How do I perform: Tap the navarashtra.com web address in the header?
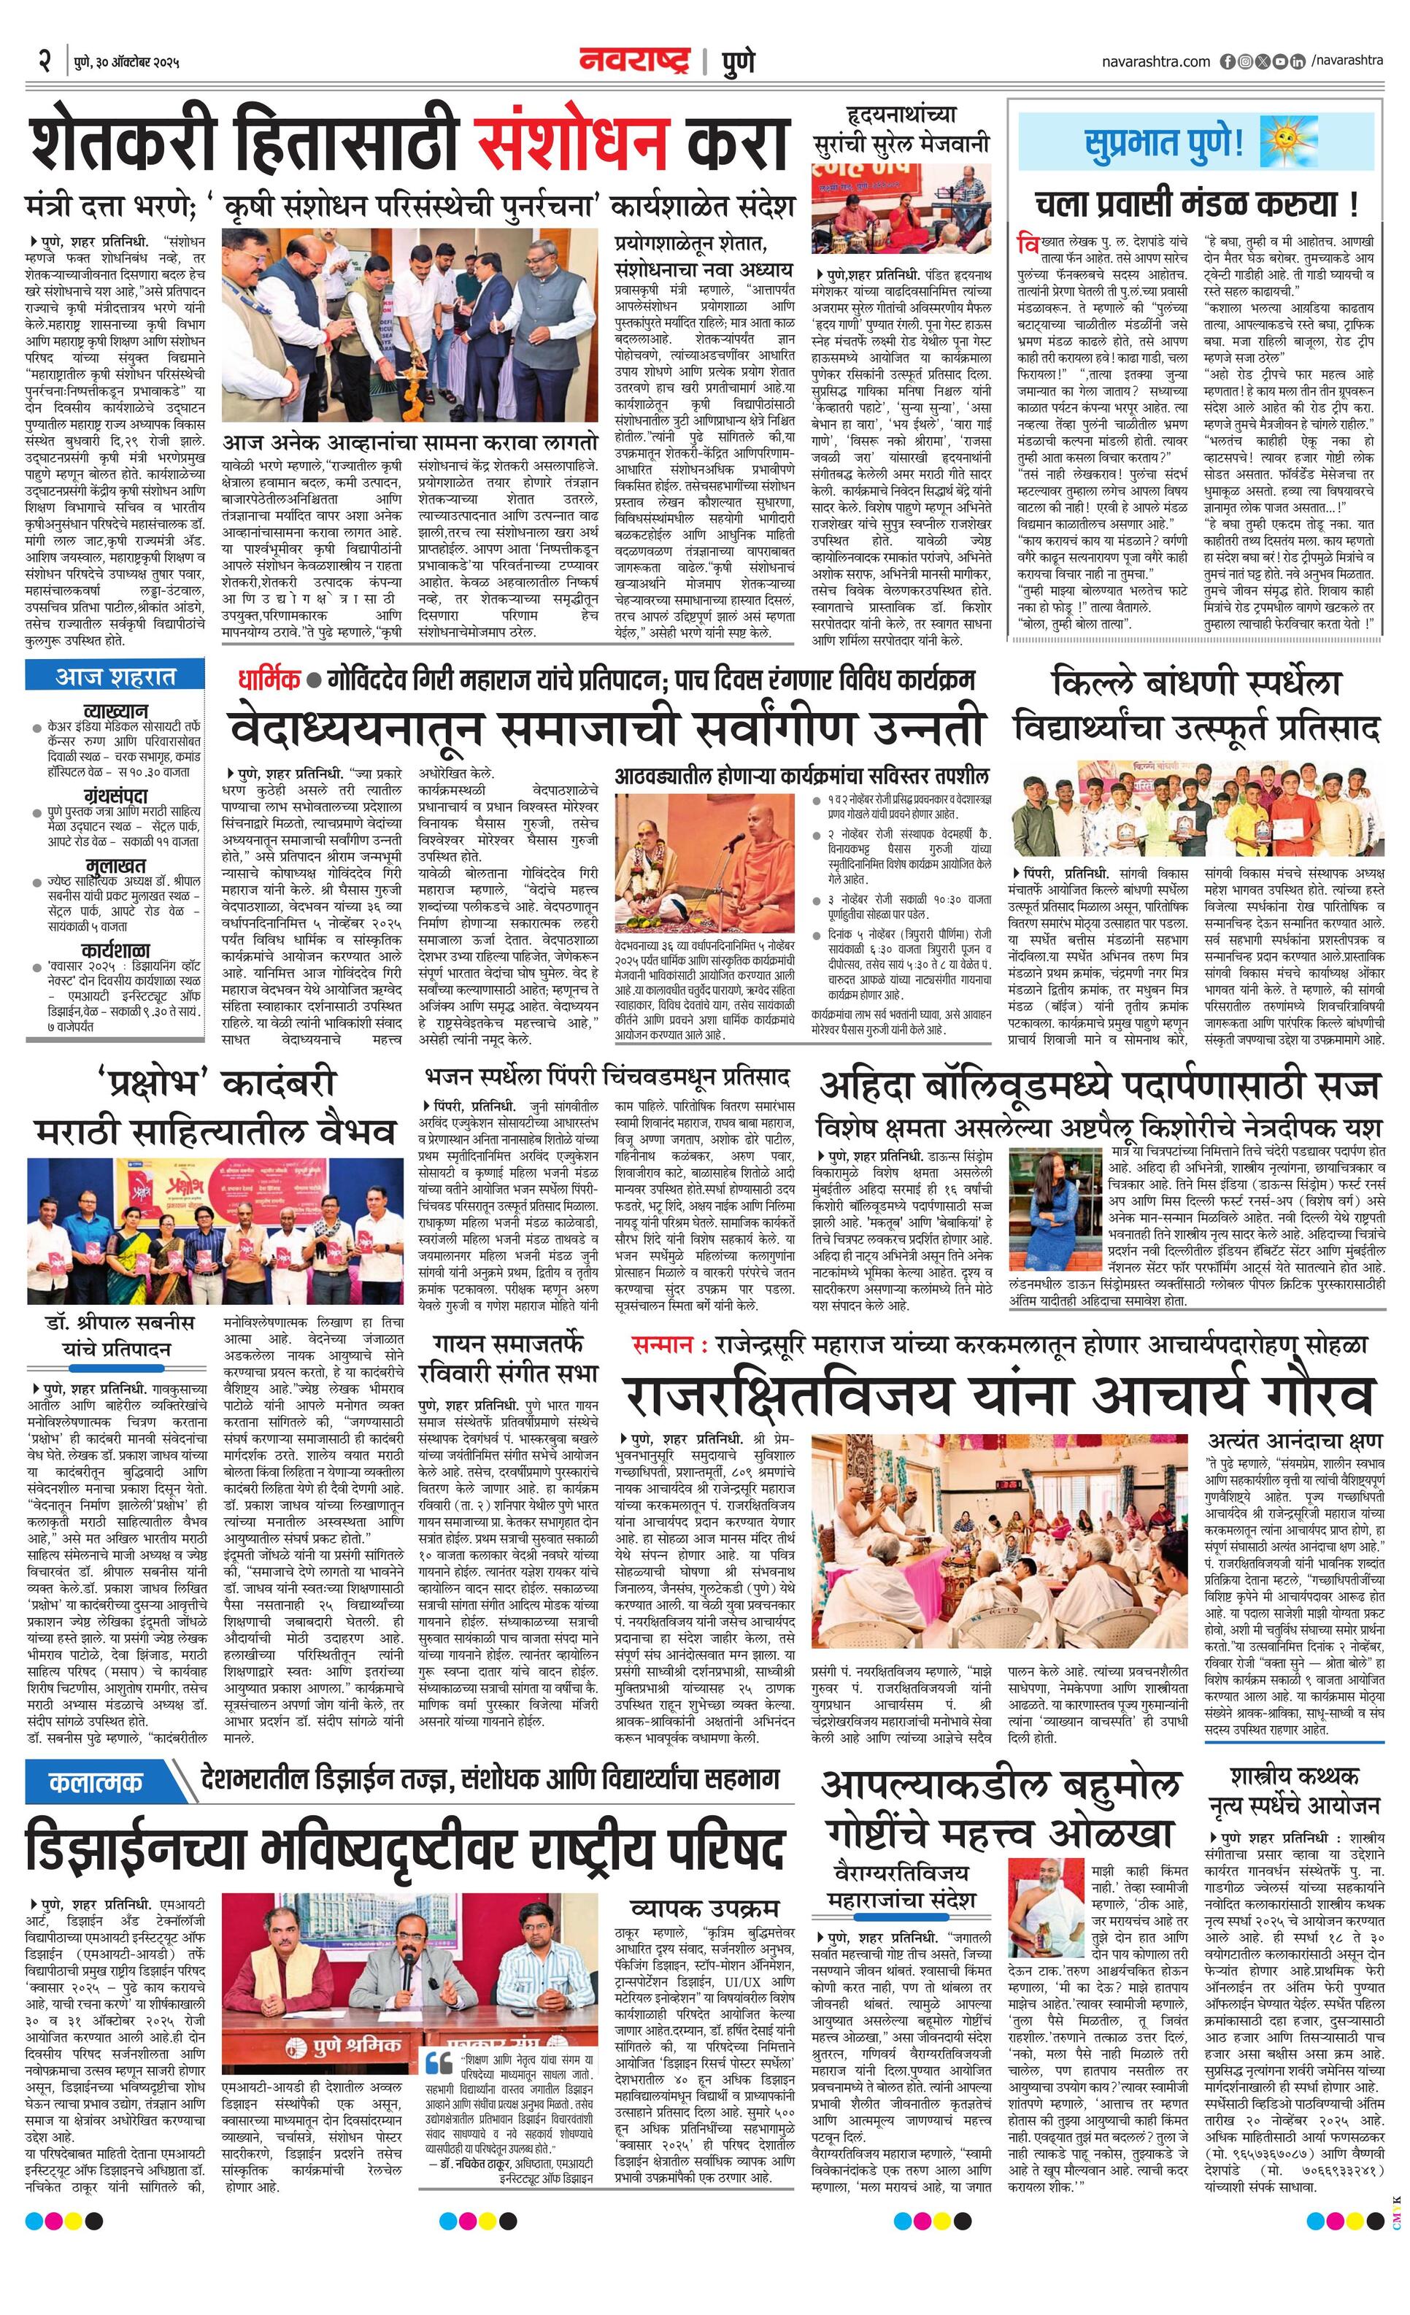[1155, 62]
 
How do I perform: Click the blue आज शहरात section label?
[115, 676]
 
